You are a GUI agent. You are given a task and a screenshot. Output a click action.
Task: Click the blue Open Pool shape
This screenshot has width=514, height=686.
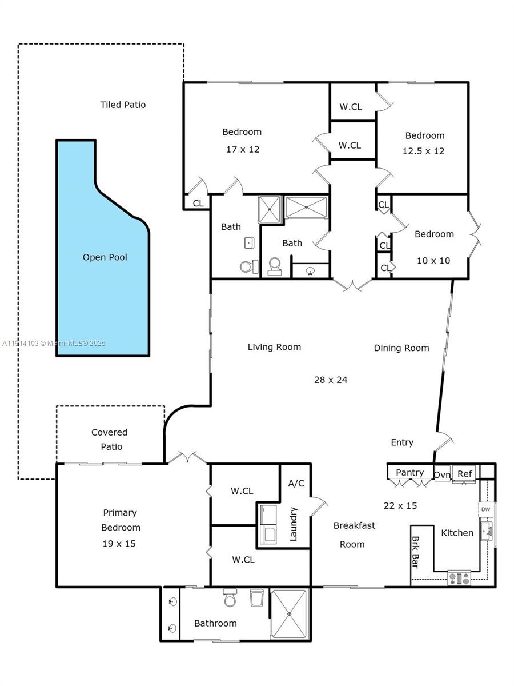[103, 274]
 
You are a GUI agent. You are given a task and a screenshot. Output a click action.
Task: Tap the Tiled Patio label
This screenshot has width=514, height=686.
[123, 105]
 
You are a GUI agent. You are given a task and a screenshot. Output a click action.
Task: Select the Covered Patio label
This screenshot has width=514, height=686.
[111, 440]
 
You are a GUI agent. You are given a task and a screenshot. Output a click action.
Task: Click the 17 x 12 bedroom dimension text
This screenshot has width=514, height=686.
[242, 149]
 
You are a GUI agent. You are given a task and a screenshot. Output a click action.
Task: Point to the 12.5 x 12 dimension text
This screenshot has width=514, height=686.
[424, 151]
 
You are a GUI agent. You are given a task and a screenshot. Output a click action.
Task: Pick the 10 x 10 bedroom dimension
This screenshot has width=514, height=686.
[433, 261]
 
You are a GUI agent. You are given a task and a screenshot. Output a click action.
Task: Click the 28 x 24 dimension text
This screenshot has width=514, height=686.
[331, 380]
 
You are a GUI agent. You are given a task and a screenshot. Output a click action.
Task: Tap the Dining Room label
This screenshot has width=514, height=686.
[401, 348]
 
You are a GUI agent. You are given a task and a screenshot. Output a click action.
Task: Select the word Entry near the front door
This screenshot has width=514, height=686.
[402, 442]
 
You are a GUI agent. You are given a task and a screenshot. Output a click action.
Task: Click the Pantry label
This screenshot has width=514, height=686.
[409, 473]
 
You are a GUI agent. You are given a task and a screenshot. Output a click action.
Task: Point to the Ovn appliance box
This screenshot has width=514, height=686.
[442, 474]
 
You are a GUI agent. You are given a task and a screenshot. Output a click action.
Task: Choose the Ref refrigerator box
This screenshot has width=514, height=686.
[465, 474]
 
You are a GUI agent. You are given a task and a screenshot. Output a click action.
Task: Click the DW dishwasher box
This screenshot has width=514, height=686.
[485, 509]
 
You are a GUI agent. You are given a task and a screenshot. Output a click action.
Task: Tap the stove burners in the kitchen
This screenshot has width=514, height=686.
[459, 579]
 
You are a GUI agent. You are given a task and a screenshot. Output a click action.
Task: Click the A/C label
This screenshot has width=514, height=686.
[296, 483]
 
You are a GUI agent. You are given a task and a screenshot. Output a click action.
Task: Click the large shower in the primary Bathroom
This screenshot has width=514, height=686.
[289, 613]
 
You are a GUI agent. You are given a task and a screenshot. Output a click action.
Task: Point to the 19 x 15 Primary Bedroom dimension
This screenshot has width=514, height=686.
[119, 544]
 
